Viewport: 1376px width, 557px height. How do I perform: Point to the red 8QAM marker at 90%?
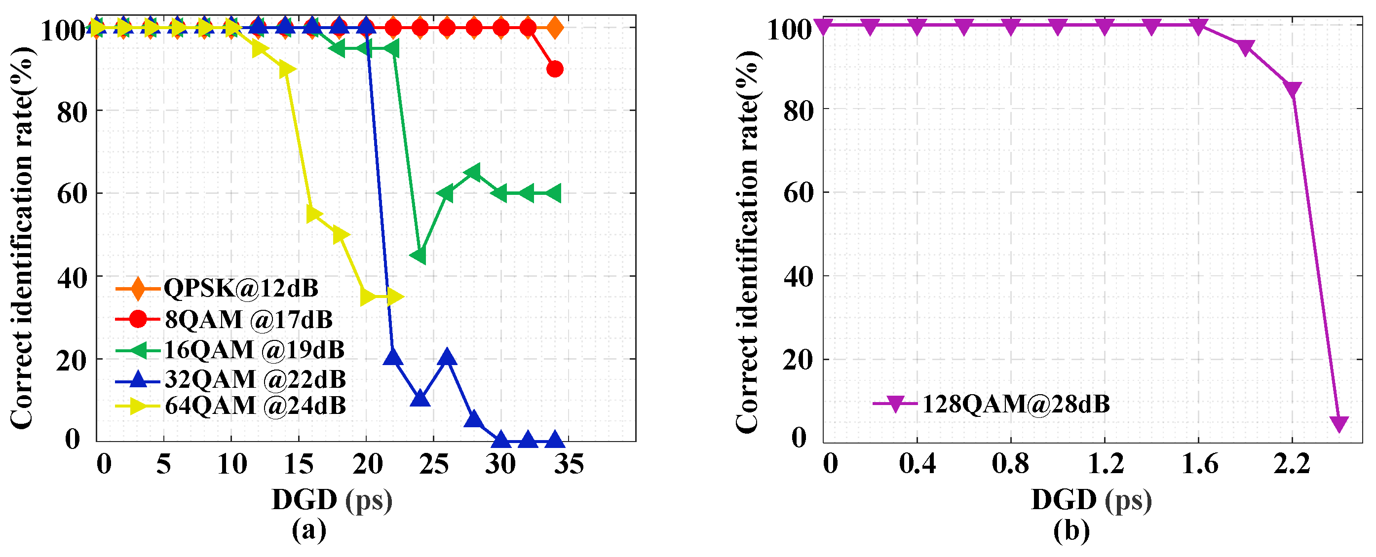(x=554, y=69)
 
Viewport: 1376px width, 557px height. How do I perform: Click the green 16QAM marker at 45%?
(x=420, y=255)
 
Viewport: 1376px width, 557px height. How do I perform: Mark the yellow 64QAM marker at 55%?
(x=313, y=214)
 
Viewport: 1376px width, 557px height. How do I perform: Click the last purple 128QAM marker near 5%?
(x=1338, y=423)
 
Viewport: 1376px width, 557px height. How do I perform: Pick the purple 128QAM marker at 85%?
(x=1293, y=89)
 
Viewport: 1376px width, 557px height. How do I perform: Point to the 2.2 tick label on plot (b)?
(x=1292, y=464)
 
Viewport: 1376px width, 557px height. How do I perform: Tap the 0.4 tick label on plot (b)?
(x=917, y=464)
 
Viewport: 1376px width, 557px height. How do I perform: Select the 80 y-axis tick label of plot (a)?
(x=72, y=111)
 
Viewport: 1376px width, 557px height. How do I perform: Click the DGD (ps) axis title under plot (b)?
(x=1091, y=500)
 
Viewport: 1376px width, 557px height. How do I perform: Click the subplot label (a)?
(x=309, y=530)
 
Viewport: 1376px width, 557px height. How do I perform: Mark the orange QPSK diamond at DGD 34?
(x=554, y=27)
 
